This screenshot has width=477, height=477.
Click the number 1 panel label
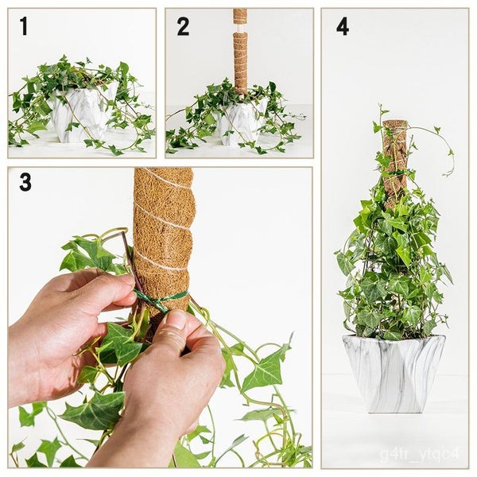(x=24, y=26)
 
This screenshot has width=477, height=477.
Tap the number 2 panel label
(x=183, y=26)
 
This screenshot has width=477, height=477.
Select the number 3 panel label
(x=25, y=183)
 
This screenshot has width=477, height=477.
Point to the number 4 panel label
(x=343, y=26)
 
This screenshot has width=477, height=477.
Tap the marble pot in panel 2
(x=238, y=123)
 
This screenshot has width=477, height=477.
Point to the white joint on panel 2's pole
(x=240, y=28)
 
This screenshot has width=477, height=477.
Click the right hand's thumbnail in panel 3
(x=176, y=320)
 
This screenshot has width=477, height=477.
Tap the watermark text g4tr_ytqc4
(x=429, y=453)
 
